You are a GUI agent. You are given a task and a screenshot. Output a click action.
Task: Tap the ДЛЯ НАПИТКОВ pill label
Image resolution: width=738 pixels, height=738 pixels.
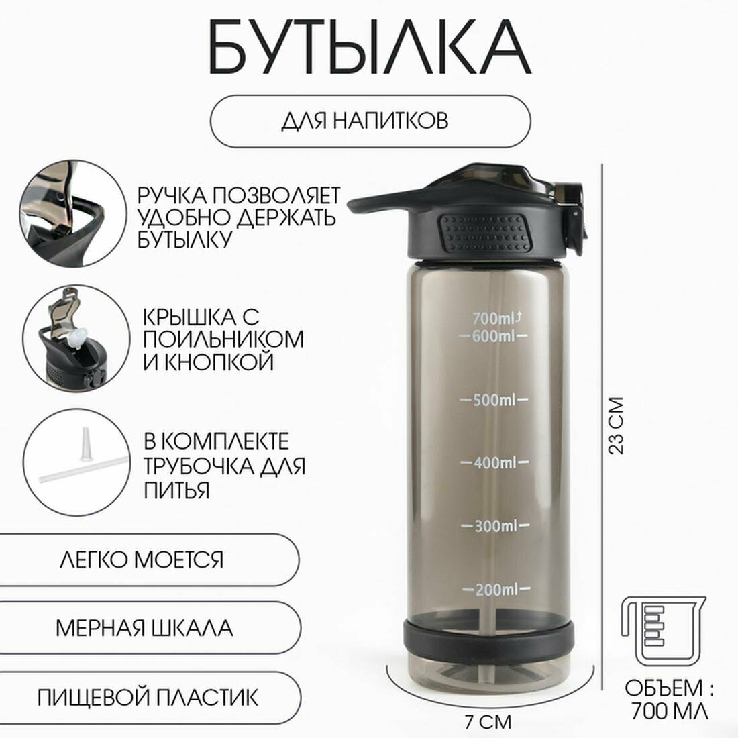[370, 121]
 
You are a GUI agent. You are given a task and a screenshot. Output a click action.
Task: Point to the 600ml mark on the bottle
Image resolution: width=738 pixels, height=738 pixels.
[494, 336]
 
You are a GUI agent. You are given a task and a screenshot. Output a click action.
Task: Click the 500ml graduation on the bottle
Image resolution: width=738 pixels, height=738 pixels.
[494, 400]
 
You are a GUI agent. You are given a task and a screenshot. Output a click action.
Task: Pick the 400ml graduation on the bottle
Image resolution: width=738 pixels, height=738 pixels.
[494, 463]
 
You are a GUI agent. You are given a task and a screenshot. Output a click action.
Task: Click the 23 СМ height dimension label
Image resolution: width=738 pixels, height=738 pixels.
[616, 425]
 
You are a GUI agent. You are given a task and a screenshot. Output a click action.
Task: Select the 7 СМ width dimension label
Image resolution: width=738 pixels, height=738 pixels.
[488, 722]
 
